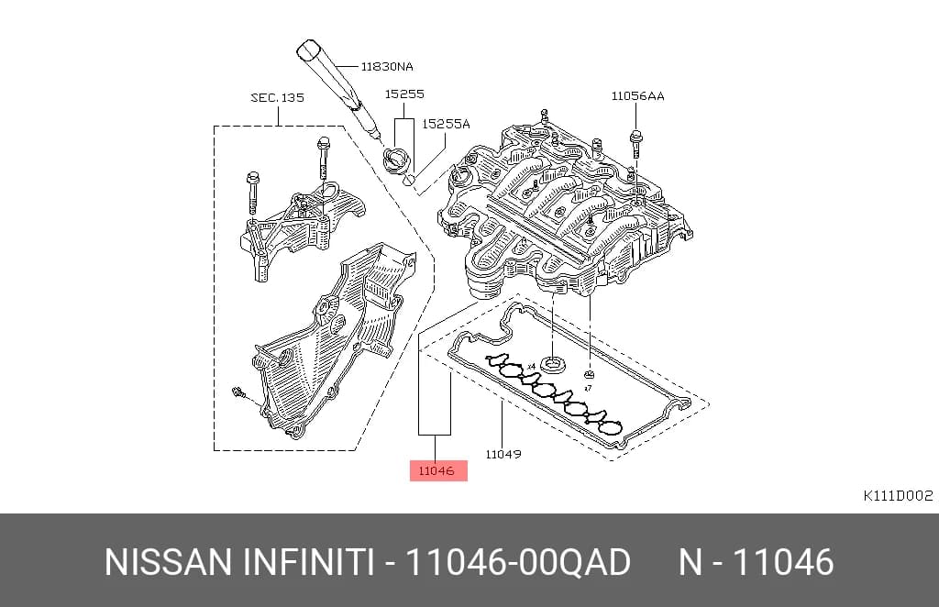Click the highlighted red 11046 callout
pos(437,471)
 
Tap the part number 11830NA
pos(387,66)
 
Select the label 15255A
pos(447,124)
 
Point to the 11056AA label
pos(638,95)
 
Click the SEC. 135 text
pos(277,97)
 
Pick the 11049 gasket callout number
pos(503,455)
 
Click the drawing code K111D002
pos(898,496)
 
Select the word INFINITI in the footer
pos(308,562)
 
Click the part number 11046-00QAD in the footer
pos(518,562)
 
